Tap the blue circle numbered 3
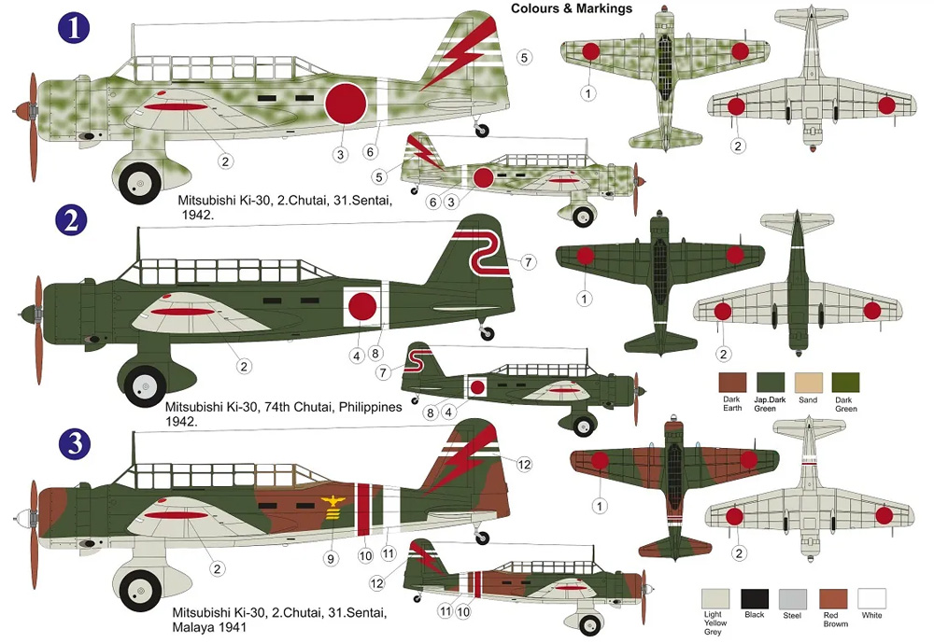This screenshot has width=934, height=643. (73, 444)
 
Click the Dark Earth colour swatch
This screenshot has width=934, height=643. (732, 383)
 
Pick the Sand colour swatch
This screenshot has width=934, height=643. (807, 383)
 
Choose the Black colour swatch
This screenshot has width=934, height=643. (754, 598)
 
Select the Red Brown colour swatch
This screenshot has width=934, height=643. (832, 598)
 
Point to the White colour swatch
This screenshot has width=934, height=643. (871, 598)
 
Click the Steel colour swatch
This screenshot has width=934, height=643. (793, 598)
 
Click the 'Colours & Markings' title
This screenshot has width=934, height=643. (571, 8)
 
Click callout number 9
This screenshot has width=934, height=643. (329, 558)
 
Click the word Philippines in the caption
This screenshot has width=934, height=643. (370, 407)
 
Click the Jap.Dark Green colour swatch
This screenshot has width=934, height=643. (770, 383)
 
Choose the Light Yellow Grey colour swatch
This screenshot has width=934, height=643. (715, 598)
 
